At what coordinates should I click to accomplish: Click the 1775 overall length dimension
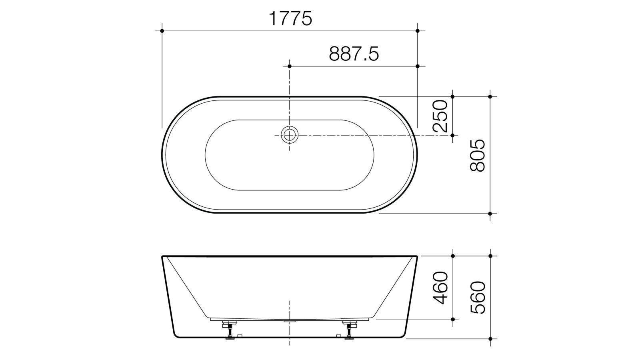point(290,19)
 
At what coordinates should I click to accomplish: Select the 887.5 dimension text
point(354,54)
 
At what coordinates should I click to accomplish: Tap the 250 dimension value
point(440,116)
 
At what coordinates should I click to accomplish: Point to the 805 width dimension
point(478,156)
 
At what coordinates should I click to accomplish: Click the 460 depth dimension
point(440,288)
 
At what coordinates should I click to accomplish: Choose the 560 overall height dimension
point(478,298)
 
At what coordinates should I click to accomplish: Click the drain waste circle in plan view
point(290,135)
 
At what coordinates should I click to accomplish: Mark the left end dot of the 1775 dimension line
point(162,31)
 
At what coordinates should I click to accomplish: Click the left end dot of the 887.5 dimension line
point(290,66)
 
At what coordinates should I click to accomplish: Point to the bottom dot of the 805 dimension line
point(490,214)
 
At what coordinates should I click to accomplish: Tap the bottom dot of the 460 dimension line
point(453,319)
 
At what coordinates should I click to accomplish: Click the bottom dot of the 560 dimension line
point(490,339)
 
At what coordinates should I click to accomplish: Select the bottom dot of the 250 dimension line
point(453,135)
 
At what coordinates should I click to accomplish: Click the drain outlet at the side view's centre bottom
point(290,321)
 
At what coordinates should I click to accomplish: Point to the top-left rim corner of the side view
point(162,256)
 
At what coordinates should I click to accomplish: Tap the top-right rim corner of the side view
point(417,256)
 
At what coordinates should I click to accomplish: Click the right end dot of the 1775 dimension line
point(418,31)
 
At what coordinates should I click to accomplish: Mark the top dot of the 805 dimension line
point(490,96)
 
